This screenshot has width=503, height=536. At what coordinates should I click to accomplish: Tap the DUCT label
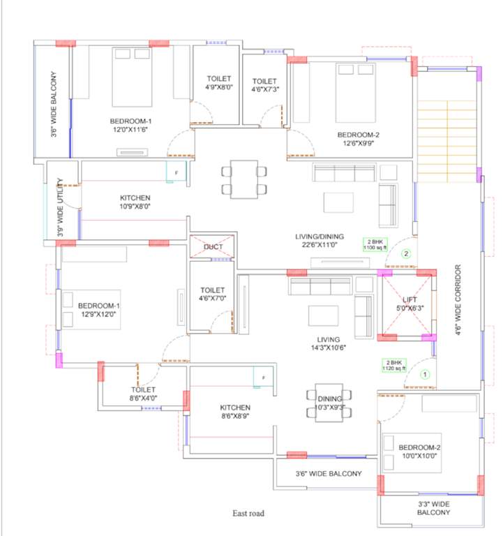tap(213, 247)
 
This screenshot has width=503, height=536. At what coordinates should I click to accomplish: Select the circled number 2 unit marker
tap(407, 254)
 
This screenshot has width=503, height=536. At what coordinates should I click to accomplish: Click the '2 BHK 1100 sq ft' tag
tap(374, 244)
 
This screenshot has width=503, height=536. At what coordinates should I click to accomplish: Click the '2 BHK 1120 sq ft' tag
tap(393, 364)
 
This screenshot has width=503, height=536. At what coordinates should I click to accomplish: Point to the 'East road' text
tap(248, 514)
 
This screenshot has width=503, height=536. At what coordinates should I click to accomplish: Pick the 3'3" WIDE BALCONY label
tap(433, 508)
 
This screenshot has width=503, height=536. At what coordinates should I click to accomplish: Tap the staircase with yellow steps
tap(446, 136)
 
